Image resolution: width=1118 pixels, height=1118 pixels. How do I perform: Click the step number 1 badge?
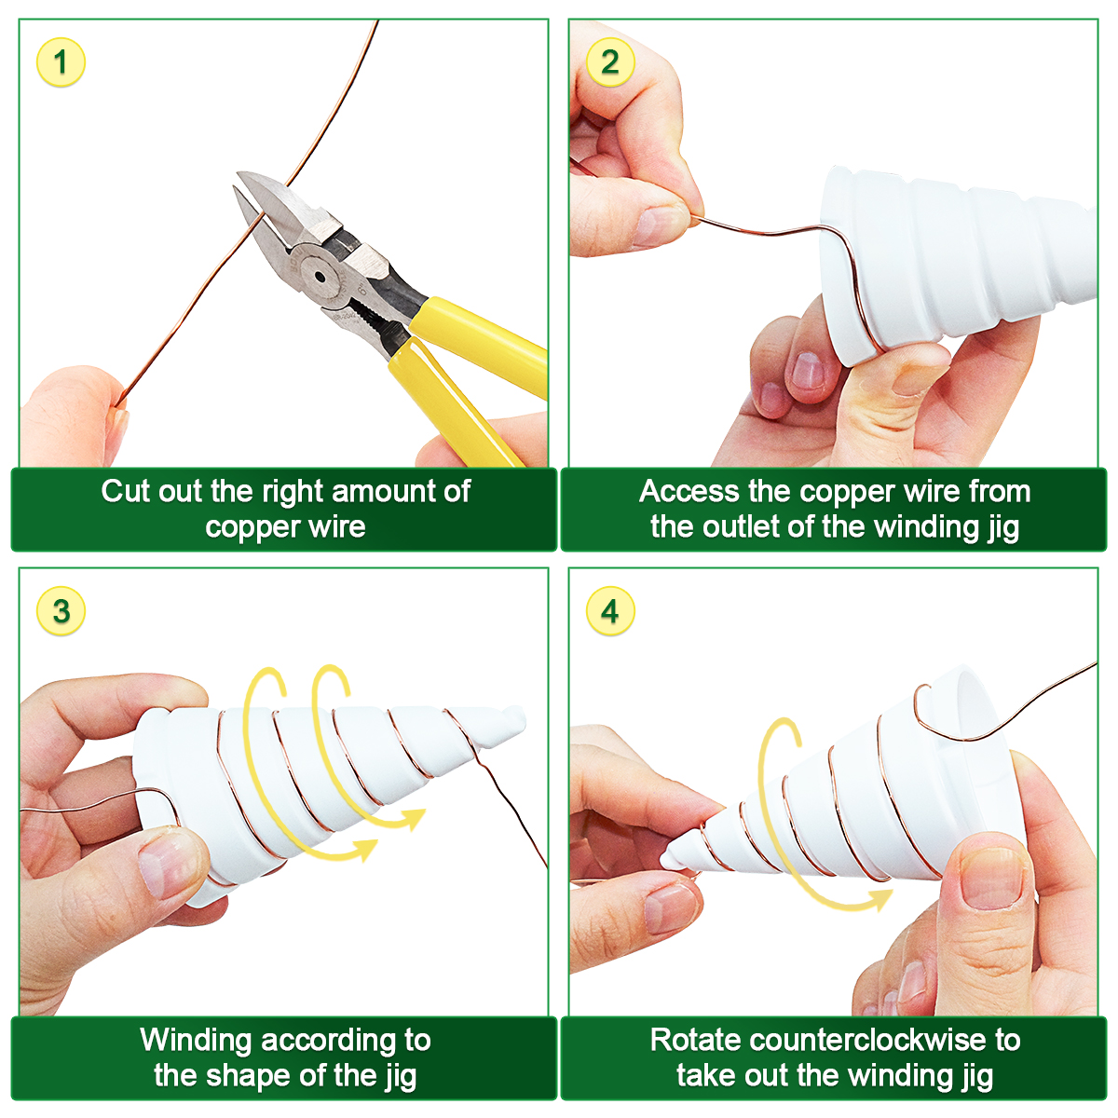point(61,62)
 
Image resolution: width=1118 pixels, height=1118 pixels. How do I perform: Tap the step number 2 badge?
point(610,62)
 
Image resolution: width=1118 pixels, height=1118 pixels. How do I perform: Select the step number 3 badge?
point(61,611)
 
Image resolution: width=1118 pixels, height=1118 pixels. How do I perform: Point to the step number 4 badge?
point(610,611)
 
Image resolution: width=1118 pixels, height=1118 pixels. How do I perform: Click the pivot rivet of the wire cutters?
point(319,276)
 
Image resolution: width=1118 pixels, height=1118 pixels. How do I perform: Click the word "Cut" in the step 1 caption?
point(126,491)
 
